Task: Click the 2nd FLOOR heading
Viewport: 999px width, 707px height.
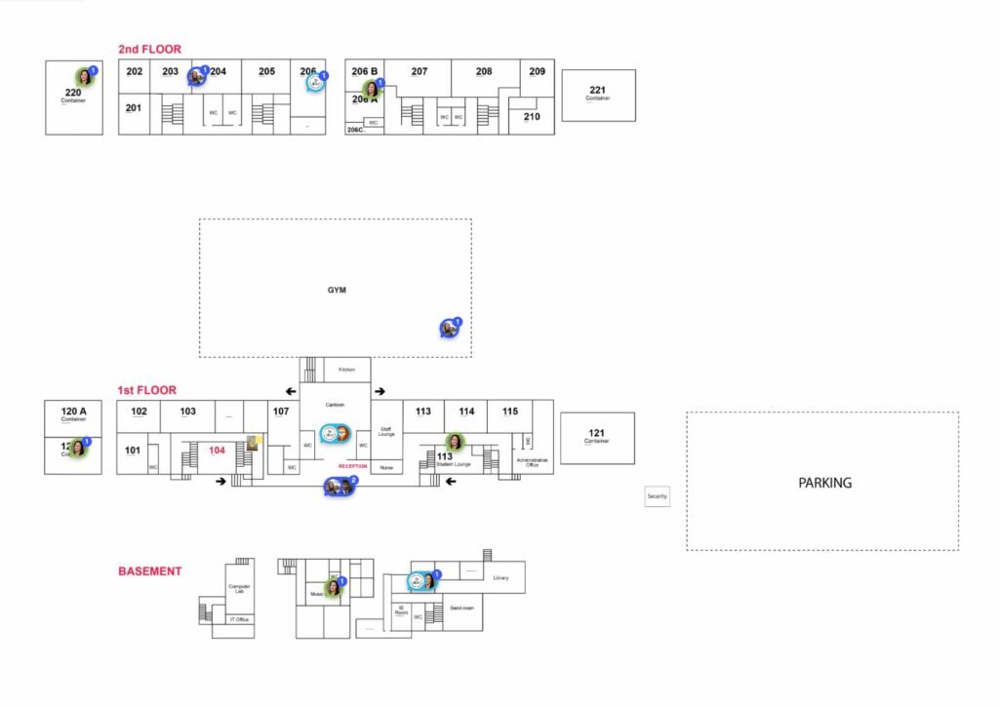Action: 149,49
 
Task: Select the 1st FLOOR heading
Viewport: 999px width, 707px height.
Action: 145,390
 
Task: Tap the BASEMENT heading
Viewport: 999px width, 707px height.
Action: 149,571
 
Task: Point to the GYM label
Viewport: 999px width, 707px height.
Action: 337,290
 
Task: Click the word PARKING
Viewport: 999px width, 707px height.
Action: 824,483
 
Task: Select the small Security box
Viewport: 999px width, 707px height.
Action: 657,496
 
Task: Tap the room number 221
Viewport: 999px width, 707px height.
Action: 597,91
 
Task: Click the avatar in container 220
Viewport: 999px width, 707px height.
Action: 84,77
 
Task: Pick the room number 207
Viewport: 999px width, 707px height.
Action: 420,72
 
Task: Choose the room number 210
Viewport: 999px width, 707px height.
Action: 532,117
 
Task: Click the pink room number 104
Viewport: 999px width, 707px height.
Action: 218,451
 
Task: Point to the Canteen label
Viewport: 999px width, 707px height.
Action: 335,405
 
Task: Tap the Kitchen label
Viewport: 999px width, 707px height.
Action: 346,371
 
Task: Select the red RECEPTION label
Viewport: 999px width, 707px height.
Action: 352,467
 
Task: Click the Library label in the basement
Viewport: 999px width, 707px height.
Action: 500,578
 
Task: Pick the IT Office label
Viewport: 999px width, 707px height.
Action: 239,620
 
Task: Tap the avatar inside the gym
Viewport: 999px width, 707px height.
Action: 449,329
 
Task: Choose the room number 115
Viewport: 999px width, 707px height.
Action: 510,412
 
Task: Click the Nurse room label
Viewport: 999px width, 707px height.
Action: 385,468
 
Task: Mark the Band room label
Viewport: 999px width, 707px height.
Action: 461,609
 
